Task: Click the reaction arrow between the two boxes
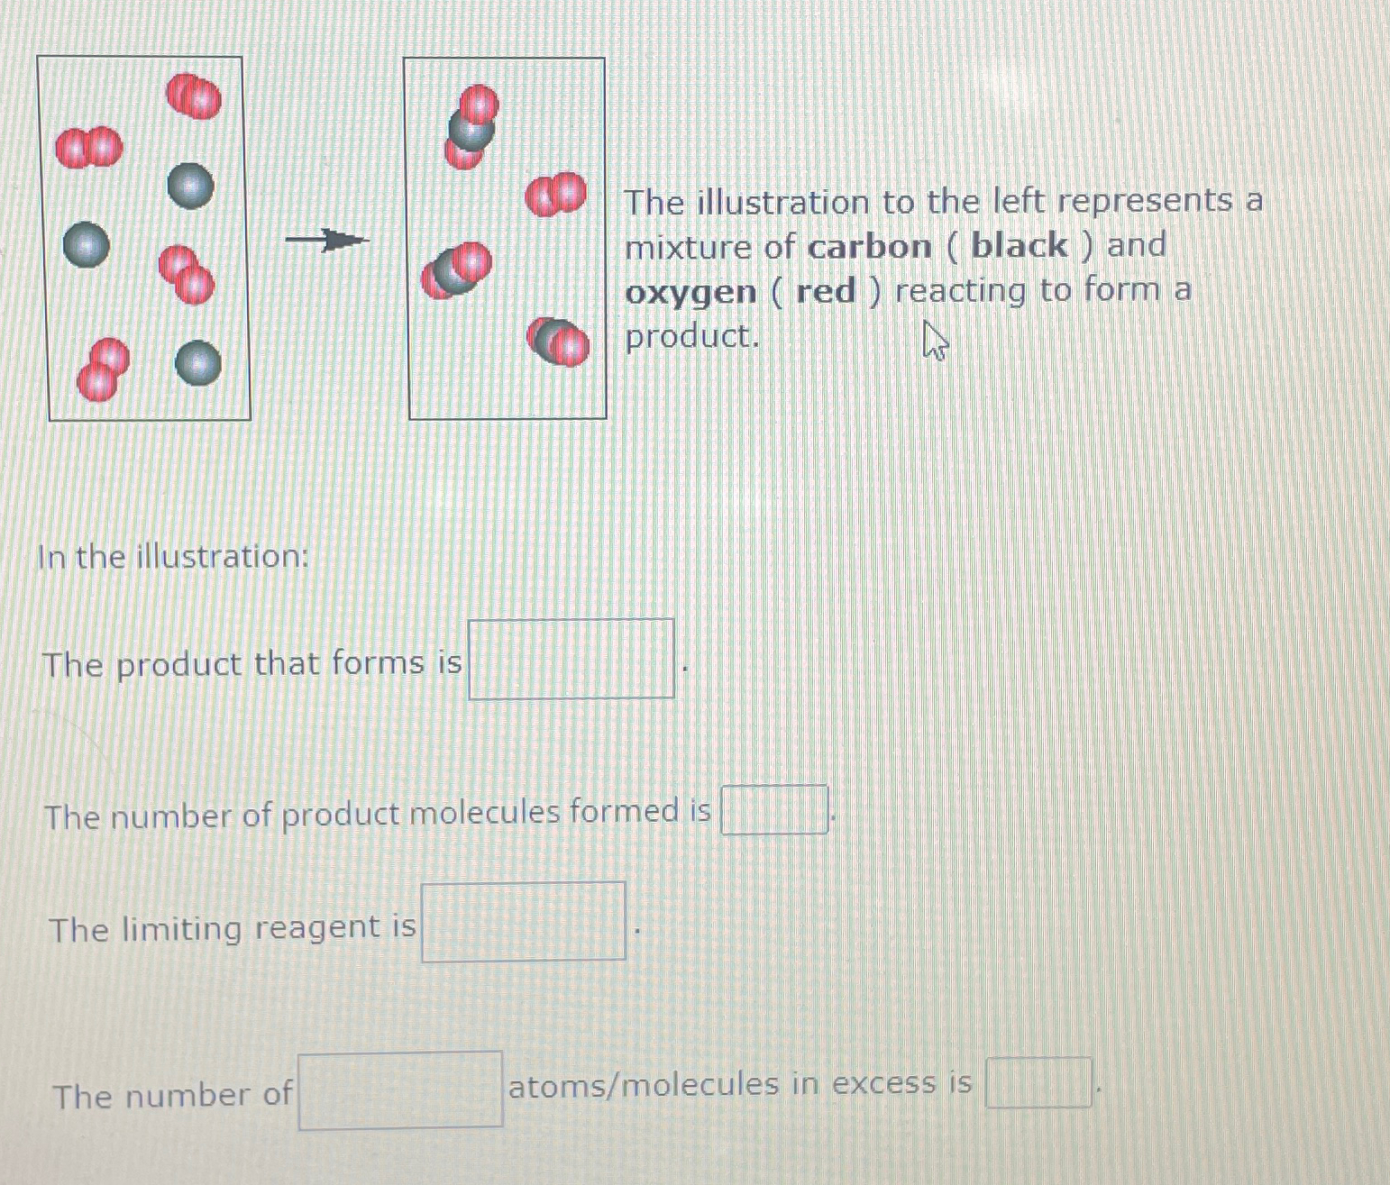click(327, 240)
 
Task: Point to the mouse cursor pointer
click(935, 341)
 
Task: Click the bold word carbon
click(870, 247)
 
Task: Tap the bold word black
click(1020, 245)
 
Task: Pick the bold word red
click(826, 292)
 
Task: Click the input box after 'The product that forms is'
click(572, 659)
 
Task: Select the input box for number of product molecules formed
click(774, 810)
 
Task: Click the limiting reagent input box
click(524, 922)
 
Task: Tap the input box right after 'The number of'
click(401, 1090)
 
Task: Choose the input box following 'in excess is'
click(1038, 1083)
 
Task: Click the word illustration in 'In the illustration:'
click(223, 557)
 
